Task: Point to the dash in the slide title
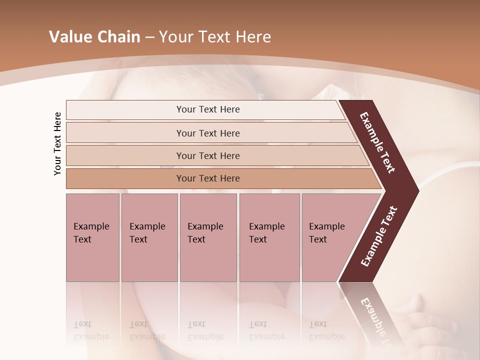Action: point(149,37)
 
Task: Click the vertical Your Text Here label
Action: point(57,144)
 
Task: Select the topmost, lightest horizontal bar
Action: point(207,109)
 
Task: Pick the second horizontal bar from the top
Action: point(207,133)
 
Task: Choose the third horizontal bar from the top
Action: point(207,155)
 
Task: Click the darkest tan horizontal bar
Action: point(207,178)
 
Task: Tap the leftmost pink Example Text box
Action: point(92,237)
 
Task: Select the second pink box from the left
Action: point(149,237)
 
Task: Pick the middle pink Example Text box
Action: point(208,237)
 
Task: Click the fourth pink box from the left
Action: point(269,237)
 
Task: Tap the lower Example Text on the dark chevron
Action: point(379,236)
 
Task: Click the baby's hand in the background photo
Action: point(420,310)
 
